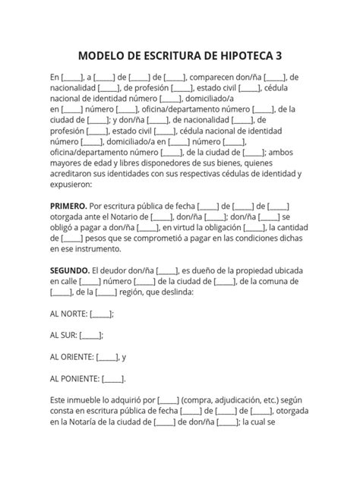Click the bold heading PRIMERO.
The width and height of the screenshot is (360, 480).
(68, 205)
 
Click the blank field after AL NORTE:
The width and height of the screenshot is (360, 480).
(101, 313)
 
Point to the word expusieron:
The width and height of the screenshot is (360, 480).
(71, 184)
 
